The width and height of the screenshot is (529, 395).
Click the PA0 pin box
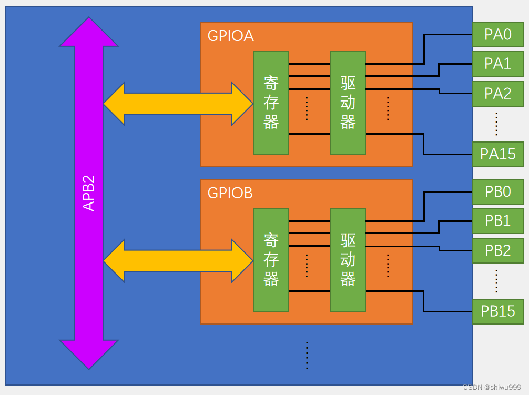[x=498, y=35]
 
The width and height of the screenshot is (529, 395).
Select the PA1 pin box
[x=498, y=64]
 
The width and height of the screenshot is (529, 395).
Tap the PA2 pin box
[x=498, y=94]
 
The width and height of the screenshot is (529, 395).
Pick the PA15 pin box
[x=498, y=154]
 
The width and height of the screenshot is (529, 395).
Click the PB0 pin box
[x=498, y=191]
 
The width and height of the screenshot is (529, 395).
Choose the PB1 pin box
[x=498, y=221]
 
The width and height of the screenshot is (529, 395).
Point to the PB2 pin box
[x=498, y=250]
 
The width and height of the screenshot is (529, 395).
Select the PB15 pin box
[x=498, y=311]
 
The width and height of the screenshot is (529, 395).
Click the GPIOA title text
[x=230, y=36]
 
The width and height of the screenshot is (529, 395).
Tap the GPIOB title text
[x=230, y=193]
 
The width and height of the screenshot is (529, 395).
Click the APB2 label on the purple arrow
[x=89, y=193]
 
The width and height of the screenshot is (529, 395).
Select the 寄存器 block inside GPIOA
[x=271, y=103]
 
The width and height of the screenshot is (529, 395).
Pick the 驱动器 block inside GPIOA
[x=348, y=103]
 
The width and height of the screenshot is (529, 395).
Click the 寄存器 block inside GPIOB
[x=271, y=260]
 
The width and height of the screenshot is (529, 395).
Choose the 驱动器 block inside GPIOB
[x=348, y=260]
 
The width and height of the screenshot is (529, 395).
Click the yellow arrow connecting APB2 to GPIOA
[x=178, y=104]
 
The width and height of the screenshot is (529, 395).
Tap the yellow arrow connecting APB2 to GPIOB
[x=178, y=261]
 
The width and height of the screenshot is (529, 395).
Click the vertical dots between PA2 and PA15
[x=496, y=124]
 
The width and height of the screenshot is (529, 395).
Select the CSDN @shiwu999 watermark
[x=492, y=387]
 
